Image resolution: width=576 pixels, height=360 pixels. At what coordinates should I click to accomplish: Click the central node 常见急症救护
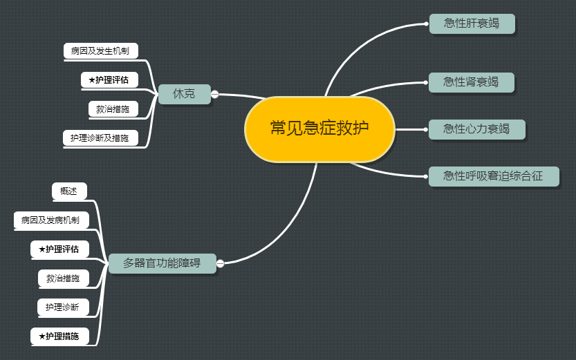319,129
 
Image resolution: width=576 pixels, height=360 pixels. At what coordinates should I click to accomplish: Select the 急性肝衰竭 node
472,23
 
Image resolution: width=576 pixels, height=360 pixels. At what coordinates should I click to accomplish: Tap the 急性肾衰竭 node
471,82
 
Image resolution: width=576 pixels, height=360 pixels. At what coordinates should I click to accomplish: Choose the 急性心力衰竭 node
476,129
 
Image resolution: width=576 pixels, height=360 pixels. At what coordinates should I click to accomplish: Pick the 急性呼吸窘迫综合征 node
493,176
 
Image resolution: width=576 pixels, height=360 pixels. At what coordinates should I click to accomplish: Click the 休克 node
184,94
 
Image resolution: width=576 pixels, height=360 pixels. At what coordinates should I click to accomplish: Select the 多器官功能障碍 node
162,263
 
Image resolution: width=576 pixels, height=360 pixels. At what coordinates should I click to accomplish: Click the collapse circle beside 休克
214,94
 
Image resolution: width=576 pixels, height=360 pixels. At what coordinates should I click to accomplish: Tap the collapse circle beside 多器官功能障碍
221,263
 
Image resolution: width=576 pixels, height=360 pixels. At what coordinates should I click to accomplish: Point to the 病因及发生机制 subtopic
100,51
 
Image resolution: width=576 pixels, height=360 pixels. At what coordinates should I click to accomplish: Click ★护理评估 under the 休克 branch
109,80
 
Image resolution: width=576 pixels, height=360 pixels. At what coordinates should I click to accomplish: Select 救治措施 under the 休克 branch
113,109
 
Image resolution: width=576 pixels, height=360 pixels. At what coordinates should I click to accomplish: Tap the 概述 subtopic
69,191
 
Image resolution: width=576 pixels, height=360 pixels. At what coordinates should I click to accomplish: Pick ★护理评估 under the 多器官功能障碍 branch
59,249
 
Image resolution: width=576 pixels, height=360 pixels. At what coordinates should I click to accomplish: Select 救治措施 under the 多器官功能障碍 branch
63,278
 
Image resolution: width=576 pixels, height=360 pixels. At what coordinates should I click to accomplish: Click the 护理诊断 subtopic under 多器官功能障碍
62,307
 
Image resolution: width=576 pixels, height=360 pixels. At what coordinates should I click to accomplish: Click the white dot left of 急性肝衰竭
426,23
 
